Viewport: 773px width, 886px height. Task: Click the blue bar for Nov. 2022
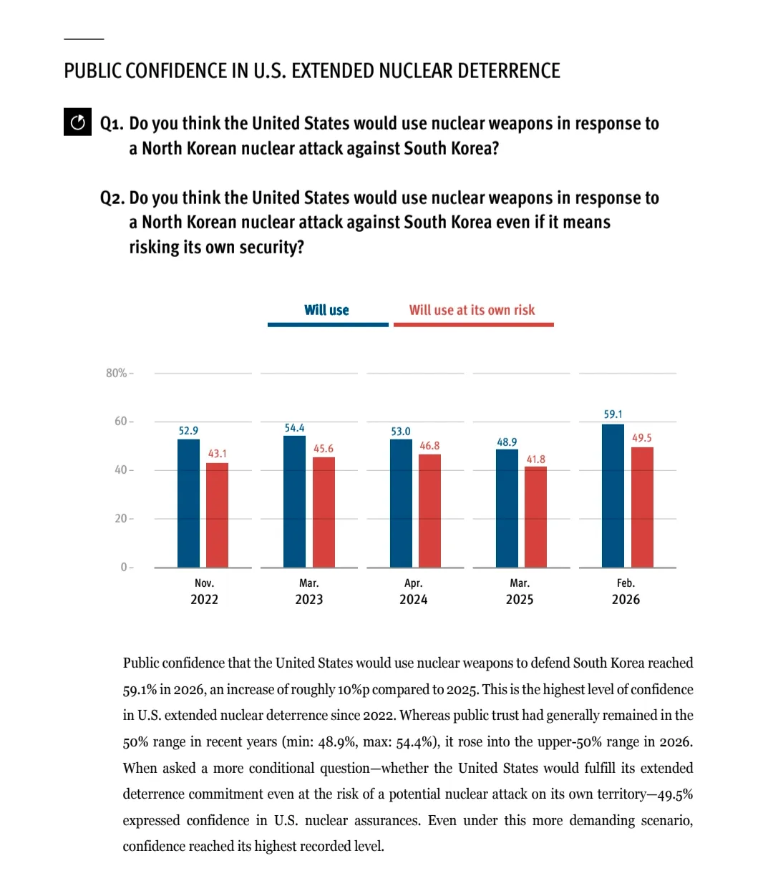pyautogui.click(x=188, y=503)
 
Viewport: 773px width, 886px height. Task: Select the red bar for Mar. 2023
pyautogui.click(x=324, y=512)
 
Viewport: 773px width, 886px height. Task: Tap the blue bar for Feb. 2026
pyautogui.click(x=613, y=495)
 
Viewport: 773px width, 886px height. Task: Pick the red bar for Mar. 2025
pyautogui.click(x=535, y=517)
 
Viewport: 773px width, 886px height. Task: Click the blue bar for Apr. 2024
pyautogui.click(x=401, y=503)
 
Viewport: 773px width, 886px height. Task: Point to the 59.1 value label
pyautogui.click(x=613, y=414)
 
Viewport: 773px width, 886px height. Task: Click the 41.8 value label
pyautogui.click(x=535, y=459)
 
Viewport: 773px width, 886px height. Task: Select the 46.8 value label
pyautogui.click(x=429, y=446)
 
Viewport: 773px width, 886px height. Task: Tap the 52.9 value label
pyautogui.click(x=188, y=431)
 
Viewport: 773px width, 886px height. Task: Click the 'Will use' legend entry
pyautogui.click(x=326, y=310)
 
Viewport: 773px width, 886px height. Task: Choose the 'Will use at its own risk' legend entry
pyautogui.click(x=472, y=310)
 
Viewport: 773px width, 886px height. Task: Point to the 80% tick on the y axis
pyautogui.click(x=117, y=373)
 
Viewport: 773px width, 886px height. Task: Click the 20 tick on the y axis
pyautogui.click(x=121, y=518)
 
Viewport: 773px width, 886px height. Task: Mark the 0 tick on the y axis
pyautogui.click(x=124, y=567)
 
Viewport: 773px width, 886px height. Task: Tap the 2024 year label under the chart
pyautogui.click(x=413, y=600)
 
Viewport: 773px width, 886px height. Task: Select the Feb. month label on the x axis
pyautogui.click(x=626, y=583)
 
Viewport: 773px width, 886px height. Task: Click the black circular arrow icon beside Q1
pyautogui.click(x=77, y=123)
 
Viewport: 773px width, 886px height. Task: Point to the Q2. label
pyautogui.click(x=112, y=198)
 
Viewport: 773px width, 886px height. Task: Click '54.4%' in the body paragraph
pyautogui.click(x=419, y=741)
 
